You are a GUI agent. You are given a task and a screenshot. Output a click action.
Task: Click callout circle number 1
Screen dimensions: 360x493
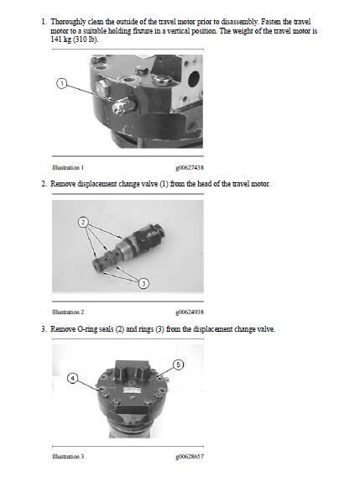coord(62,84)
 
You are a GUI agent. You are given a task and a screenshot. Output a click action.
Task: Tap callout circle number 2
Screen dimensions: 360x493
coord(83,223)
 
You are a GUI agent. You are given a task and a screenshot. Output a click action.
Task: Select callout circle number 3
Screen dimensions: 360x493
coord(143,283)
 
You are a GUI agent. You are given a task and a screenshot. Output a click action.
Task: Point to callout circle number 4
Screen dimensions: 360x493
coord(72,378)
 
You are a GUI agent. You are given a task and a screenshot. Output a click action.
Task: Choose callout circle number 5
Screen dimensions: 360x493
coord(179,365)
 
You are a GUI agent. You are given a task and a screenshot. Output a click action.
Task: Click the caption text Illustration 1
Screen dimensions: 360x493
coord(68,168)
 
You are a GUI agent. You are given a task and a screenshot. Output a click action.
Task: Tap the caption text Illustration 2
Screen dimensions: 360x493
coord(68,312)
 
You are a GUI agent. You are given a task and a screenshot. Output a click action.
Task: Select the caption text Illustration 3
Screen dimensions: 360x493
coord(68,457)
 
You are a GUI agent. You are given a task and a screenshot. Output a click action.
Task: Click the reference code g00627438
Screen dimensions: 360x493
coord(190,168)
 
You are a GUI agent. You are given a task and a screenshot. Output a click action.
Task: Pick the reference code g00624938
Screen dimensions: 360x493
coord(190,312)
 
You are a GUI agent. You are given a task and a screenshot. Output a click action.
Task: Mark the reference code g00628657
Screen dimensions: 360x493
coord(190,457)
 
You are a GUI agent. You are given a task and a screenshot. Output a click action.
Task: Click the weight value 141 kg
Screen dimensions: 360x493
coord(60,40)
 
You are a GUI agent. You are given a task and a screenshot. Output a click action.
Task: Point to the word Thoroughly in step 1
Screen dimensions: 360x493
coord(68,23)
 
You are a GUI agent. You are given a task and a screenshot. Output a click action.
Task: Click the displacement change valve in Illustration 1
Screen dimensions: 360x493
coord(123,106)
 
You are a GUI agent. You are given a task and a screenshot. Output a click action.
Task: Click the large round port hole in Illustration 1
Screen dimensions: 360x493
coord(193,79)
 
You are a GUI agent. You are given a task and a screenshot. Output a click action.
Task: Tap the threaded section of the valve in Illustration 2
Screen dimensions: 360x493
coord(129,249)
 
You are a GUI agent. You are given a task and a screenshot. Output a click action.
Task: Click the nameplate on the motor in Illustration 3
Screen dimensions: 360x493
coord(132,391)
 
